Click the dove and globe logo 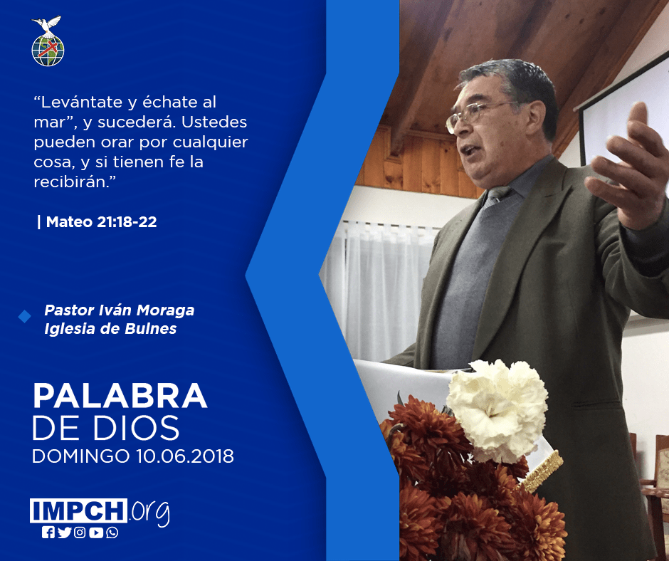(48, 41)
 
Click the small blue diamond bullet (24, 316)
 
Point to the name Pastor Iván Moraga (120, 310)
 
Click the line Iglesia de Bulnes (110, 329)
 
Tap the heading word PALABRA (120, 397)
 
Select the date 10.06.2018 (185, 456)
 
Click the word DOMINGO (81, 456)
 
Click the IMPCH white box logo (78, 510)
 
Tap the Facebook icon (48, 533)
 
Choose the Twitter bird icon (65, 533)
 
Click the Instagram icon (80, 533)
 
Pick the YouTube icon (96, 533)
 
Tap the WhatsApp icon (112, 533)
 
